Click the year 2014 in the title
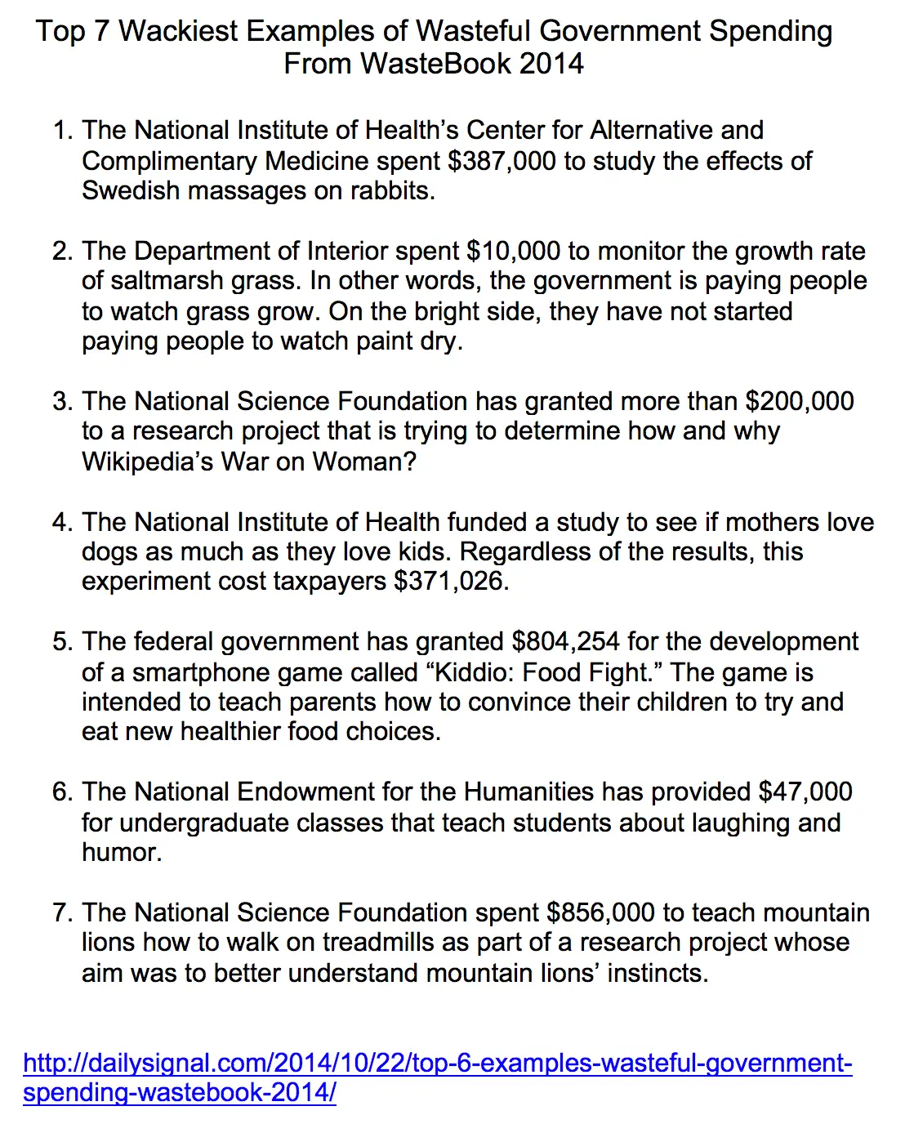click(x=551, y=64)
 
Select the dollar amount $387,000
click(x=502, y=161)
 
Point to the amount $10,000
click(x=513, y=251)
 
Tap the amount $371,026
click(x=451, y=582)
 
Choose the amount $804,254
click(x=565, y=642)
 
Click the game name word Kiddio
click(x=470, y=672)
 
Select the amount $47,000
click(x=805, y=792)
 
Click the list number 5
click(x=61, y=642)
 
